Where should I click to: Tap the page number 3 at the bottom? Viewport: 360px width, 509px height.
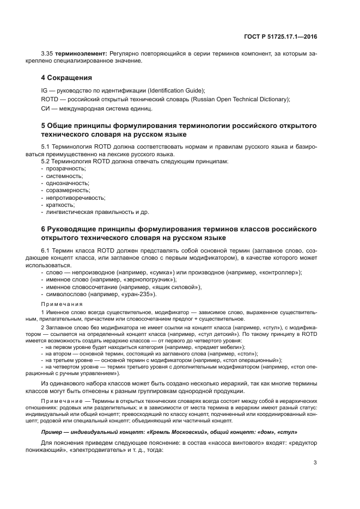pyautogui.click(x=315, y=463)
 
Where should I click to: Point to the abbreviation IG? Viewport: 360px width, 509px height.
pyautogui.click(x=44, y=90)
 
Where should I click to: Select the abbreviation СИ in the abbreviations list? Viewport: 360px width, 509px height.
pyautogui.click(x=45, y=108)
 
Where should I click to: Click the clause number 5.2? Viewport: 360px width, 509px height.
pyautogui.click(x=48, y=162)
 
